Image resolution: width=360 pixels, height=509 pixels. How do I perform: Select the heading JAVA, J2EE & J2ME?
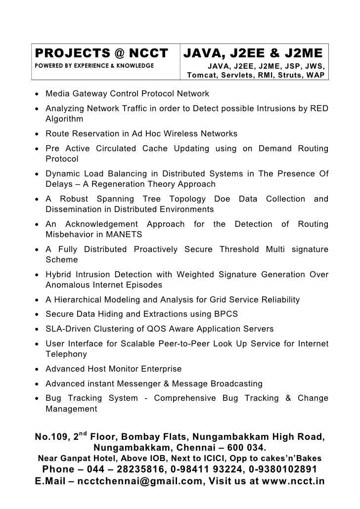253,53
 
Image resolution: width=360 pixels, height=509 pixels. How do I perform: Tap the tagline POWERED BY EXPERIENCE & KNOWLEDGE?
93,65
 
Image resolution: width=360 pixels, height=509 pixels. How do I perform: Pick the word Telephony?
66,354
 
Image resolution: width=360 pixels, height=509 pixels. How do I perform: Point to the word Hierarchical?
78,300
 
